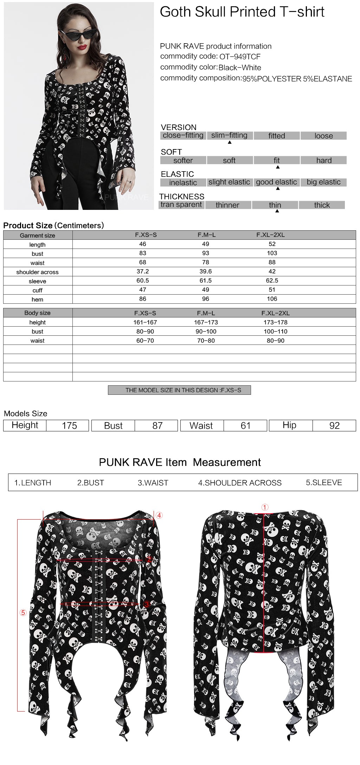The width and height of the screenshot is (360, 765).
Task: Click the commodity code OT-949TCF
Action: pyautogui.click(x=240, y=57)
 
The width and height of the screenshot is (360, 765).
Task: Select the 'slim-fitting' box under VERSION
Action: pyautogui.click(x=229, y=135)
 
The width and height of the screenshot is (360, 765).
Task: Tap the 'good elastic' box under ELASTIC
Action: pyautogui.click(x=276, y=182)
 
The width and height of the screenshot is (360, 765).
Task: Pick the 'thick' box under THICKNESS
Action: pyautogui.click(x=322, y=205)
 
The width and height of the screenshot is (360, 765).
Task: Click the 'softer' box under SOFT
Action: pyautogui.click(x=183, y=160)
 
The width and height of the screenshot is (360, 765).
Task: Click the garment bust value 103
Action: pyautogui.click(x=272, y=253)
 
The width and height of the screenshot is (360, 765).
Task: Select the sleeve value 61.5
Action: pyautogui.click(x=206, y=281)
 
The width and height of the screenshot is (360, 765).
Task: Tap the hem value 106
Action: pyautogui.click(x=272, y=299)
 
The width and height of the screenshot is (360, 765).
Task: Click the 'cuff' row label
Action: pyautogui.click(x=37, y=290)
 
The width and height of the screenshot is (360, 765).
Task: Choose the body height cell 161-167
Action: pyautogui.click(x=145, y=322)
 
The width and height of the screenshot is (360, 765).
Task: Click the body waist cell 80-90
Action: pyautogui.click(x=275, y=341)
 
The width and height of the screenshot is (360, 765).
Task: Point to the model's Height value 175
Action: pyautogui.click(x=69, y=426)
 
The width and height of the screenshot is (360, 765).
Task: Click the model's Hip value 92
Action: pyautogui.click(x=334, y=426)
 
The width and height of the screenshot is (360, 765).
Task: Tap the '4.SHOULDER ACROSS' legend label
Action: pyautogui.click(x=240, y=483)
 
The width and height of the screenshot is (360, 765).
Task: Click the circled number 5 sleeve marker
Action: pyautogui.click(x=23, y=613)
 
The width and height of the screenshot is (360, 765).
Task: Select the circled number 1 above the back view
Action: pyautogui.click(x=265, y=507)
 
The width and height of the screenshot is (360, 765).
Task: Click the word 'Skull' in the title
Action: pyautogui.click(x=210, y=12)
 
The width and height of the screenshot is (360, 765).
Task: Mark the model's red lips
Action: pyautogui.click(x=82, y=47)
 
